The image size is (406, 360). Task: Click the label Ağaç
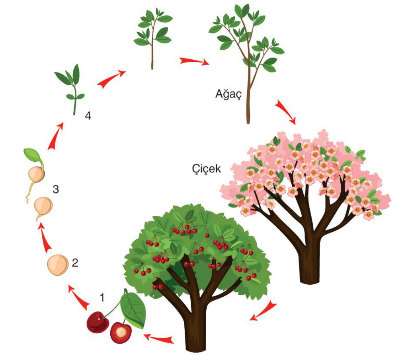click(x=228, y=94)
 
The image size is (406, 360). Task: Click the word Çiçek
click(x=206, y=169)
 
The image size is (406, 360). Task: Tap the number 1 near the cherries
click(x=102, y=298)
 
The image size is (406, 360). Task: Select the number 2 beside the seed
click(x=75, y=262)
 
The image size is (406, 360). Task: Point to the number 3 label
click(x=56, y=189)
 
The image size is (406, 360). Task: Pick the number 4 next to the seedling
click(x=88, y=115)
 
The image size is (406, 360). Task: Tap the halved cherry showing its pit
click(x=121, y=333)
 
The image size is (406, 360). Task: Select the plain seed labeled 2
click(x=58, y=265)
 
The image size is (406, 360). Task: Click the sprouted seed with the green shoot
click(x=35, y=171)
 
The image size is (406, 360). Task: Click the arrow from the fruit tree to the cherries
click(x=158, y=338)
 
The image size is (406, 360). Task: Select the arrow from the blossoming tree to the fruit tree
click(x=263, y=310)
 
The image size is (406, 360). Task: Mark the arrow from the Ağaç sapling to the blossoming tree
click(x=285, y=112)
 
